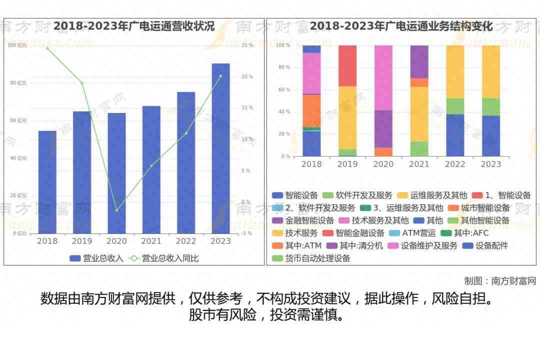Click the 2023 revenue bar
tap(220, 148)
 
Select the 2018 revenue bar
tap(47, 182)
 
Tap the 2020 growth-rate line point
tap(116, 210)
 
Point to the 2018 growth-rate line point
tap(47, 48)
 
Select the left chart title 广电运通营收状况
tap(134, 26)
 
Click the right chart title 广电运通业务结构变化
tap(401, 26)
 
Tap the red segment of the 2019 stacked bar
tap(347, 65)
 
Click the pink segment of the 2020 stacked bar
tap(383, 77)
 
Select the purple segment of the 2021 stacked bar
tap(419, 61)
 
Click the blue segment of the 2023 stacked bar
tap(491, 135)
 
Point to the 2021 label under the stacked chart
tap(419, 164)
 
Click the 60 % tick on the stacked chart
tap(284, 90)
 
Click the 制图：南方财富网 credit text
tap(499, 281)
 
